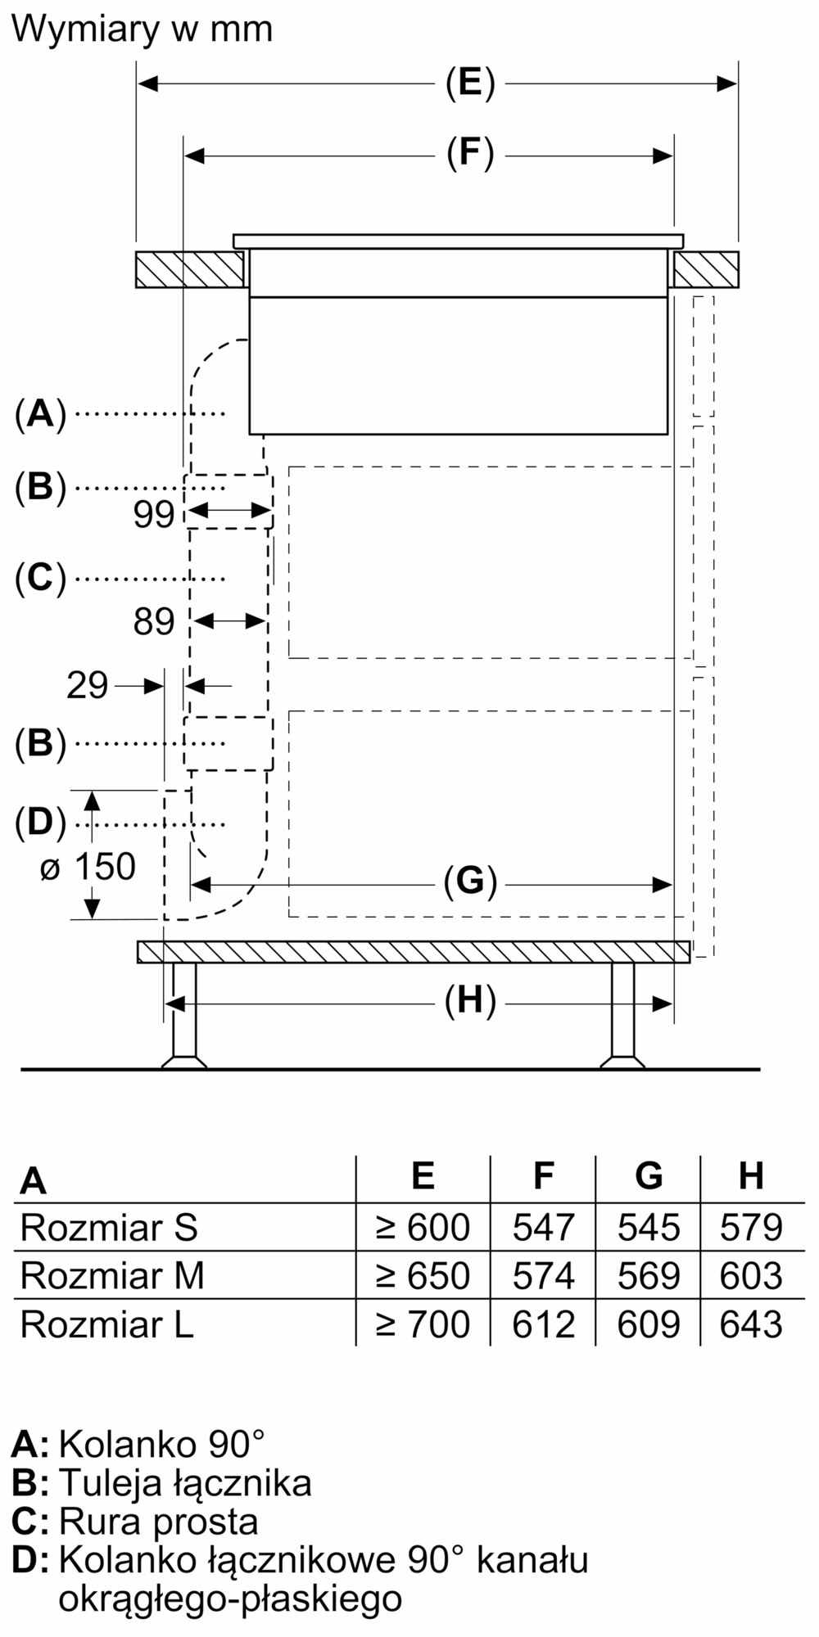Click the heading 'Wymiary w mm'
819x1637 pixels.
142,29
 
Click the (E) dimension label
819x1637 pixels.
470,83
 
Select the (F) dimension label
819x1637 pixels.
470,154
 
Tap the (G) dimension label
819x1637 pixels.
470,882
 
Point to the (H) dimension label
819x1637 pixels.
470,1001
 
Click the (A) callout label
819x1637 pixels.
39,414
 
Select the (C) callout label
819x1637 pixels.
39,578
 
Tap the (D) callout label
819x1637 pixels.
39,823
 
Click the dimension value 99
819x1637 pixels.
154,514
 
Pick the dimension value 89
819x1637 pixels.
154,621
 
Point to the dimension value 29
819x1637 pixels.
87,685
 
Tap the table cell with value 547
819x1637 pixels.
543,1227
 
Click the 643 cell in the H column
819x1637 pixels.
751,1324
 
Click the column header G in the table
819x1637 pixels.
649,1176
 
